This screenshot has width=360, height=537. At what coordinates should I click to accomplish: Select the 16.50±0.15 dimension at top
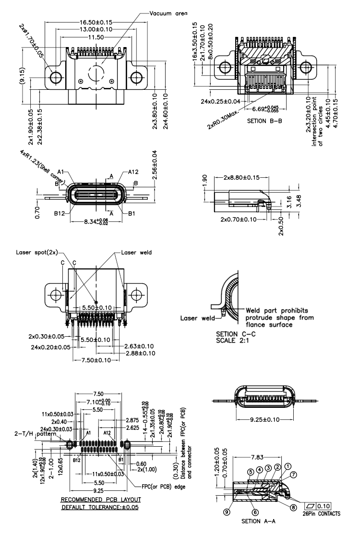pyautogui.click(x=100, y=23)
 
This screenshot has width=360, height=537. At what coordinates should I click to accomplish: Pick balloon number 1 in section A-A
pyautogui.click(x=288, y=465)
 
